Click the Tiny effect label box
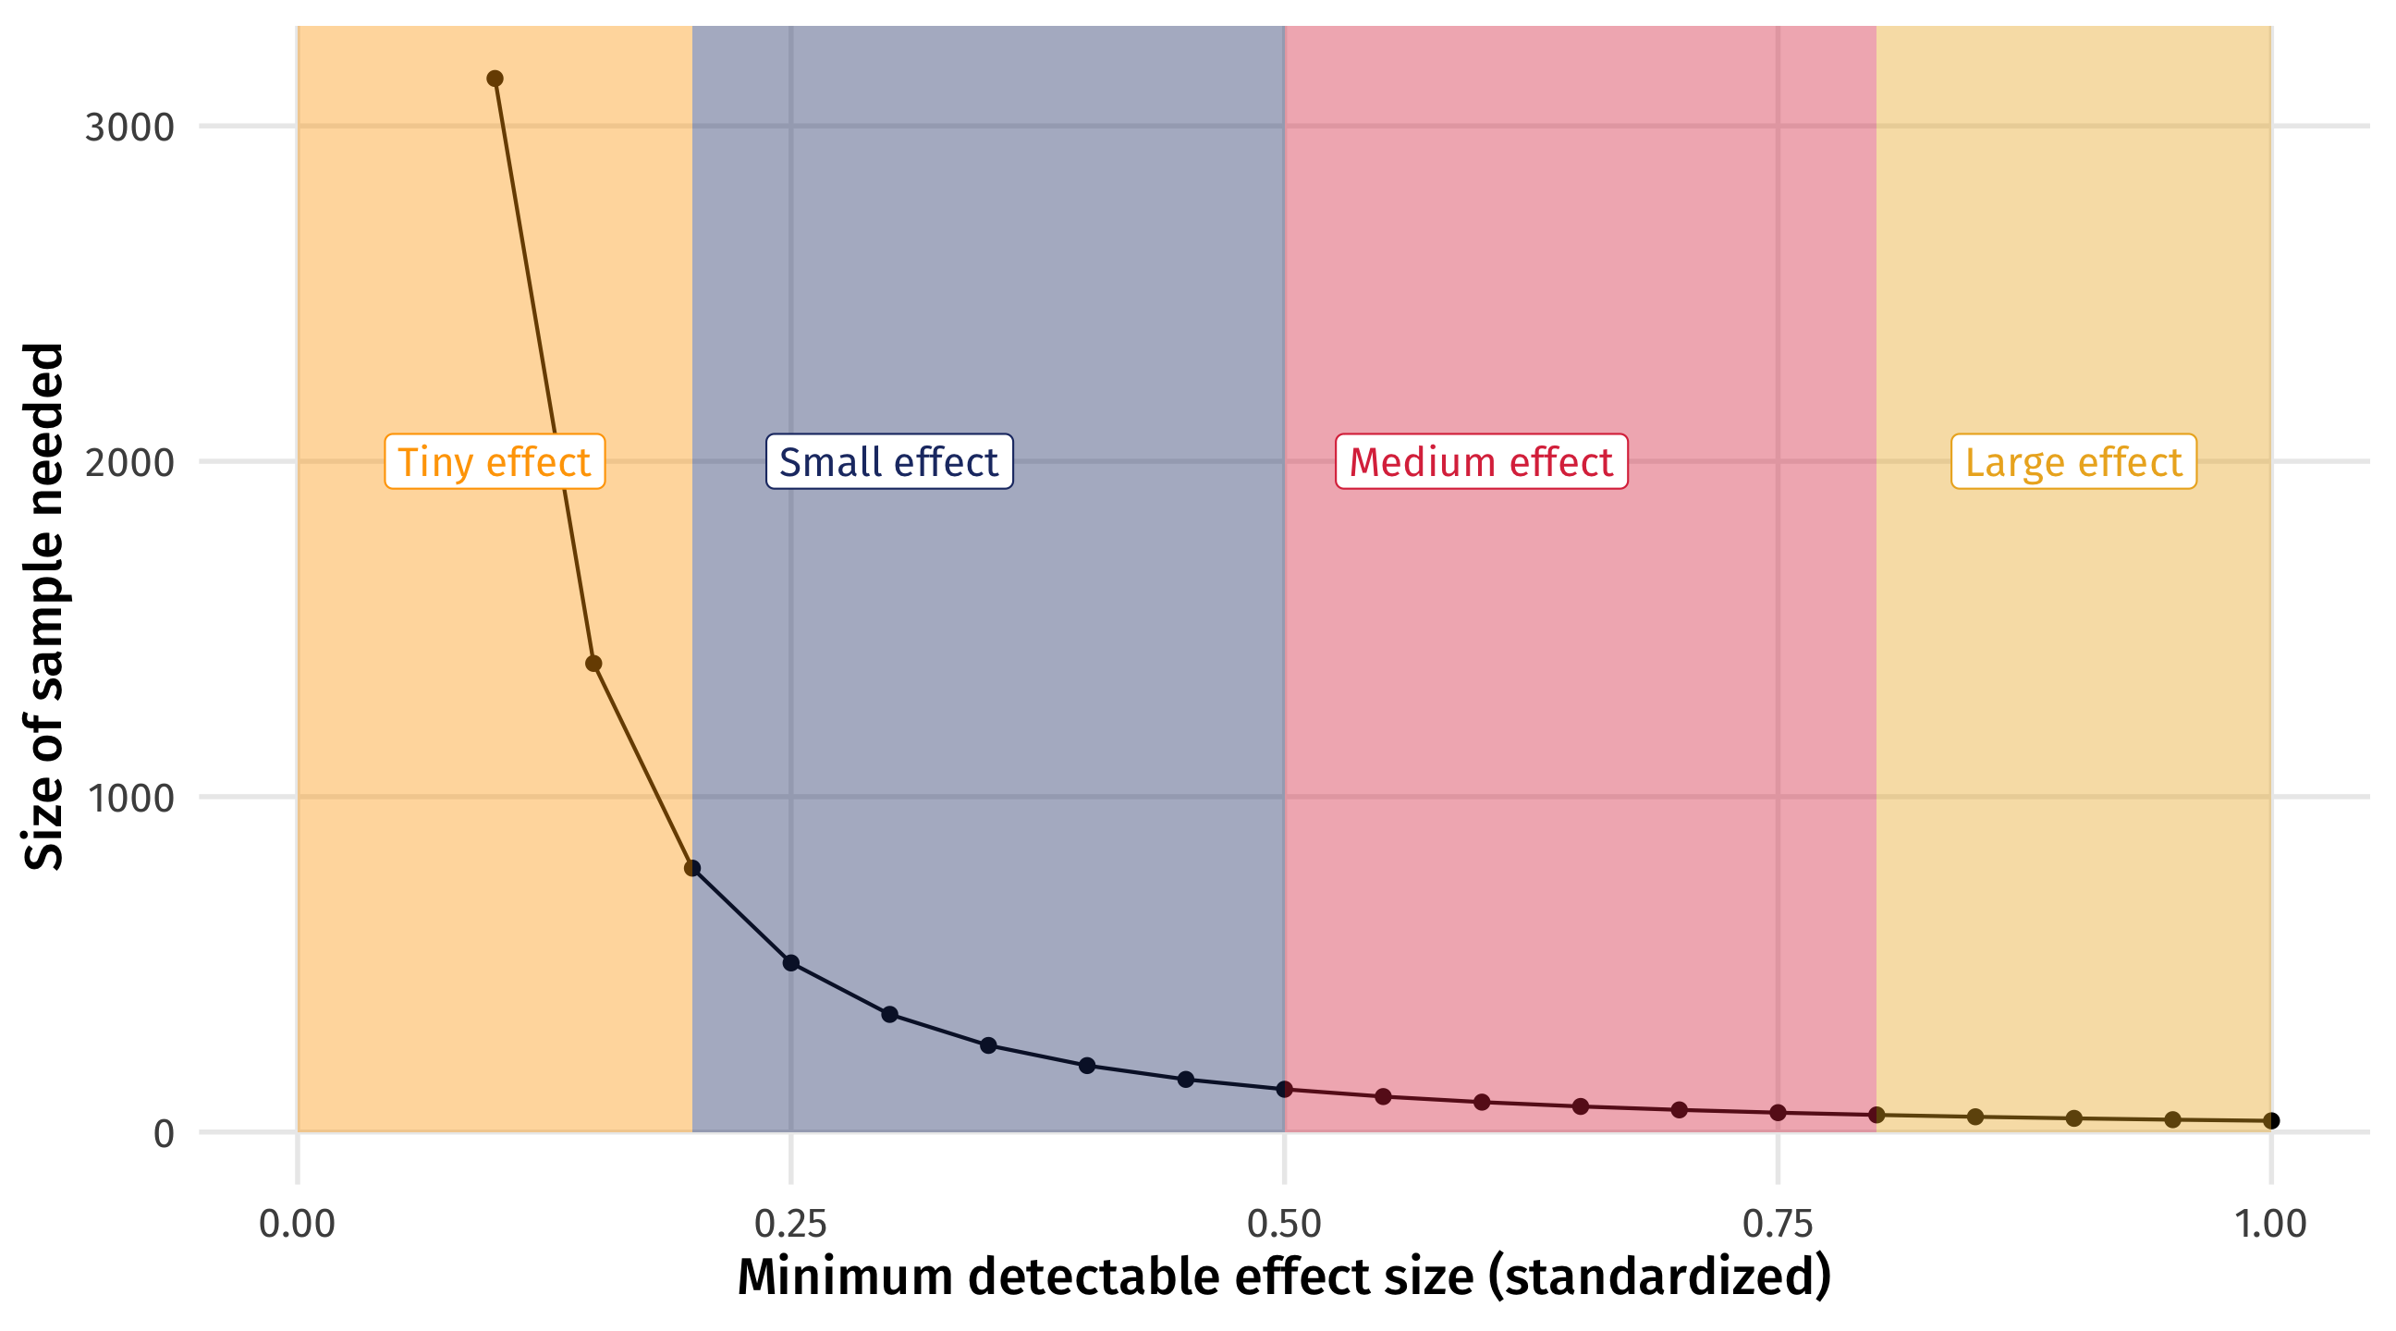pyautogui.click(x=495, y=461)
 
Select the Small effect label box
pyautogui.click(x=888, y=461)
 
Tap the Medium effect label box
pyautogui.click(x=1481, y=461)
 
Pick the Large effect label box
pyautogui.click(x=2073, y=461)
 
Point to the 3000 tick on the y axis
pyautogui.click(x=129, y=127)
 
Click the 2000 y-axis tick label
pyautogui.click(x=129, y=461)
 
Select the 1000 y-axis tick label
pyautogui.click(x=129, y=797)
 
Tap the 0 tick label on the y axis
pyautogui.click(x=164, y=1134)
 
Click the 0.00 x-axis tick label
pyautogui.click(x=297, y=1224)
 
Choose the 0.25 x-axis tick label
pyautogui.click(x=790, y=1224)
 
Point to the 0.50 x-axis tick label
pyautogui.click(x=1285, y=1224)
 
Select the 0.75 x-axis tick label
pyautogui.click(x=1778, y=1224)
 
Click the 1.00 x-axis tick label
pyautogui.click(x=2270, y=1224)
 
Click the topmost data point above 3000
pyautogui.click(x=495, y=79)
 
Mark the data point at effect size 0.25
pyautogui.click(x=790, y=963)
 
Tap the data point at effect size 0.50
pyautogui.click(x=1285, y=1088)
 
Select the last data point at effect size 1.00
pyautogui.click(x=2271, y=1121)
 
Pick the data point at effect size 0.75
pyautogui.click(x=1778, y=1113)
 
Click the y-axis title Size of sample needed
pyautogui.click(x=43, y=606)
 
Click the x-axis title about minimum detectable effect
pyautogui.click(x=1284, y=1276)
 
